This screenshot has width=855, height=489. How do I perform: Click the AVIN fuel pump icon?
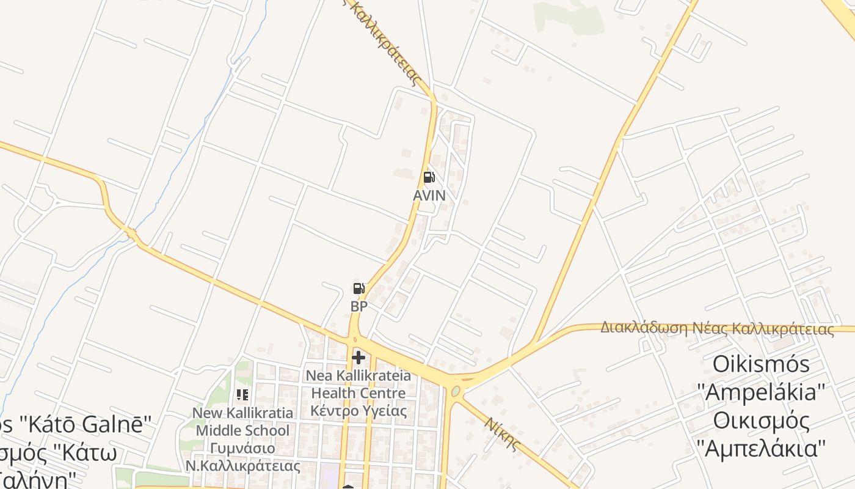[429, 177]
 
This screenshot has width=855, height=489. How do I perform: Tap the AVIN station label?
[429, 196]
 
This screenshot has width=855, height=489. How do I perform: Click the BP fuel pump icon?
[358, 289]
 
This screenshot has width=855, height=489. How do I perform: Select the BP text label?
[359, 306]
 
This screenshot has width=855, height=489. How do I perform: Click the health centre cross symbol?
[358, 357]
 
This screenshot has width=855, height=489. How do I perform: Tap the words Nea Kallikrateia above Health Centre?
[358, 375]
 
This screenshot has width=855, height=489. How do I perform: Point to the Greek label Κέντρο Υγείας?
[358, 411]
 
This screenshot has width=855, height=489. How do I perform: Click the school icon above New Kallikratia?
[242, 395]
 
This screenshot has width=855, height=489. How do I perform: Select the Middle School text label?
[242, 430]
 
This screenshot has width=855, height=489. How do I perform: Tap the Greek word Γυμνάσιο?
[242, 448]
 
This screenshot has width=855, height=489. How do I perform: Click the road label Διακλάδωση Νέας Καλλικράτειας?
[716, 329]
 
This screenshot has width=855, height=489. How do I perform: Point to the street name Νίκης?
[502, 433]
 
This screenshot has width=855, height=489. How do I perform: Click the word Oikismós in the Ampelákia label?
[761, 364]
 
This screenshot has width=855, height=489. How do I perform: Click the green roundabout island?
[455, 391]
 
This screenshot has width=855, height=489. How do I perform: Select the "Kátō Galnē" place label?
[79, 424]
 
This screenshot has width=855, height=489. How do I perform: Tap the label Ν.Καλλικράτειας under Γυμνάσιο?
[242, 466]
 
